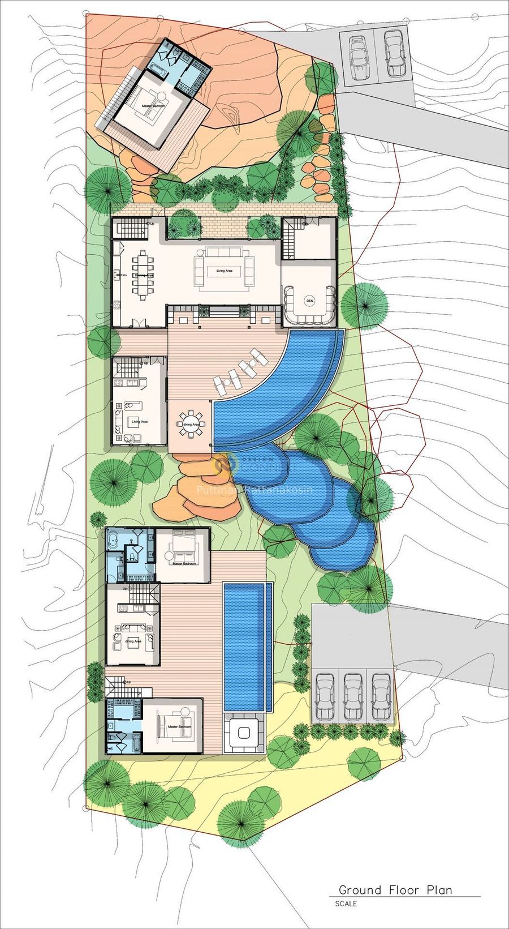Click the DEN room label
tap(309, 301)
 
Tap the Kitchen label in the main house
tap(120, 275)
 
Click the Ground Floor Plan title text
tap(395, 890)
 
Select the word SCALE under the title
tap(346, 904)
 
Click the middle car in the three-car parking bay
tap(352, 695)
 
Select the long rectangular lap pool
tap(245, 647)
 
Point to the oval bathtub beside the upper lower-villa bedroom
tap(114, 541)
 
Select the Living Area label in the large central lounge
tap(224, 271)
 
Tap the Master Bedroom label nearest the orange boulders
tap(184, 563)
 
